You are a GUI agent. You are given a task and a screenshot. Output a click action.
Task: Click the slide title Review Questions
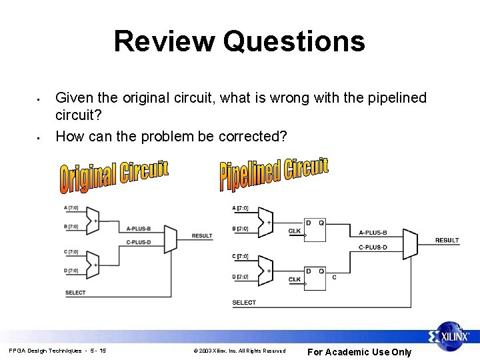(239, 41)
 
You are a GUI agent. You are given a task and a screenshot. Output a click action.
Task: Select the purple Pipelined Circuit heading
(274, 173)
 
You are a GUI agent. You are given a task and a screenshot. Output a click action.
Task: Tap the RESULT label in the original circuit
(202, 236)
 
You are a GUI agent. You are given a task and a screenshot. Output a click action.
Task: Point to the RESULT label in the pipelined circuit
(447, 240)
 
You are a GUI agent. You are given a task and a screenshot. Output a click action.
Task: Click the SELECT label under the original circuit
(75, 293)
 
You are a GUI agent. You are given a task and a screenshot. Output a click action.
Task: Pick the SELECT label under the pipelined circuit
(244, 302)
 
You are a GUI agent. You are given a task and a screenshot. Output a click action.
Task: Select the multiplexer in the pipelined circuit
(410, 244)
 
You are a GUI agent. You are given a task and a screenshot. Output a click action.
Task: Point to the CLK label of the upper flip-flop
(295, 231)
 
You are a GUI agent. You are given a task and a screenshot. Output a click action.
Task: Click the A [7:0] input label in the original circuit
(71, 209)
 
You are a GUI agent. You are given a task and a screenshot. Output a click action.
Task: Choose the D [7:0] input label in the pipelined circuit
(240, 276)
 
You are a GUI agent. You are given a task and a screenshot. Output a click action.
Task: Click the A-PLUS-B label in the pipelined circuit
(373, 233)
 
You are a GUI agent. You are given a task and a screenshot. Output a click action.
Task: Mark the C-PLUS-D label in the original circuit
(138, 242)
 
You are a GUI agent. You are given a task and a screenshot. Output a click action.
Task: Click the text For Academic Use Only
(359, 352)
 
